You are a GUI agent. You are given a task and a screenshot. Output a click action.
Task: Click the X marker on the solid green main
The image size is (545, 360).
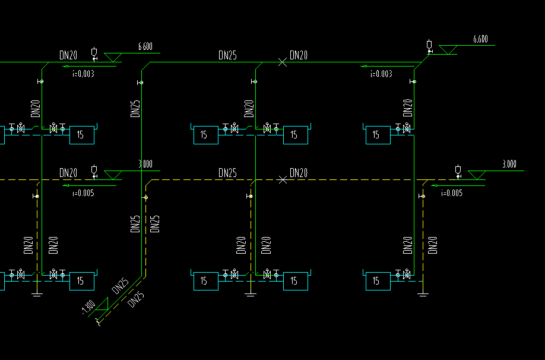[283, 62]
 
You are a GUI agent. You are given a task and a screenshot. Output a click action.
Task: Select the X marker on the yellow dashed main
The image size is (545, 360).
[283, 179]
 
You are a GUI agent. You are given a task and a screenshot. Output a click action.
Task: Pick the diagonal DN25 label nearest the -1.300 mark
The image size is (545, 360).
[121, 286]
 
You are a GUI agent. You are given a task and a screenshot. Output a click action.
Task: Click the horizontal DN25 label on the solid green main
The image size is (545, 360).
[227, 56]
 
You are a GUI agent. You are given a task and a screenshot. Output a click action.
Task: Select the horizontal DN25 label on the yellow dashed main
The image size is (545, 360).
[227, 173]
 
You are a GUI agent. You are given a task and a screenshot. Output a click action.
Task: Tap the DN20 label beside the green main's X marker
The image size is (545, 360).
[299, 56]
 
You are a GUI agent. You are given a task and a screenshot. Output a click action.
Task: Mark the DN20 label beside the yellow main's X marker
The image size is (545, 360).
[299, 173]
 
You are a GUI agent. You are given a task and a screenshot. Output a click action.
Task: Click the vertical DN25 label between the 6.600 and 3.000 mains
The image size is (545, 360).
[135, 108]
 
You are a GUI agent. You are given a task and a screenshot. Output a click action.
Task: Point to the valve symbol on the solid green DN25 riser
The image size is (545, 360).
[140, 82]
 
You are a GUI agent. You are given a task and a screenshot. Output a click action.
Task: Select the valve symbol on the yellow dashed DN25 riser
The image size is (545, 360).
[145, 197]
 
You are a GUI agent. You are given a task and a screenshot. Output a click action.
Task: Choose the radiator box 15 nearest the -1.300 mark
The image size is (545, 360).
[82, 280]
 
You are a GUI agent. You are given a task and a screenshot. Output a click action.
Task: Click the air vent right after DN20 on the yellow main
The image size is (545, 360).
[94, 171]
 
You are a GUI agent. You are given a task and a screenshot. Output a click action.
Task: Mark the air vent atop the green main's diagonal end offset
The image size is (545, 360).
[429, 45]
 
